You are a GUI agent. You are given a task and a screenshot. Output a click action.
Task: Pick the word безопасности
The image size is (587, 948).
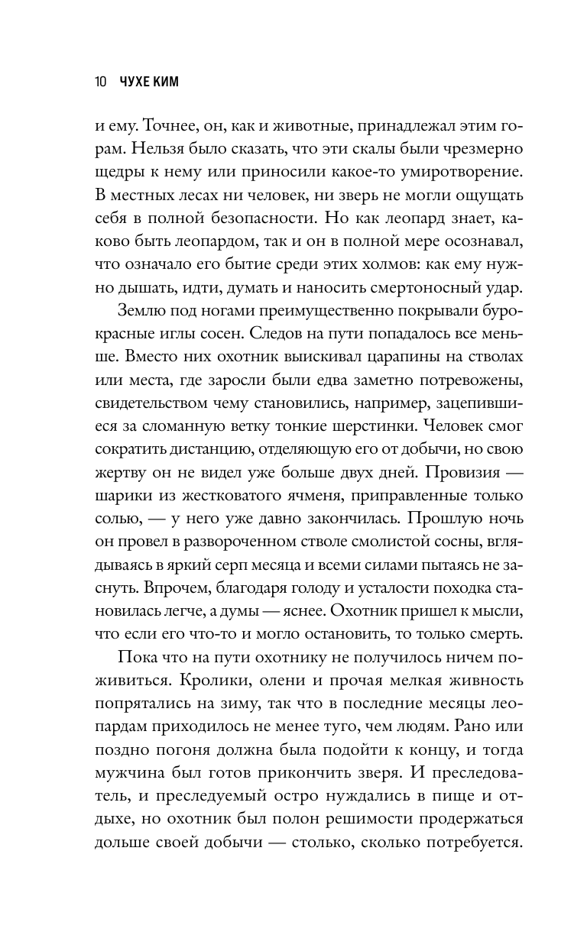click(x=261, y=218)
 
